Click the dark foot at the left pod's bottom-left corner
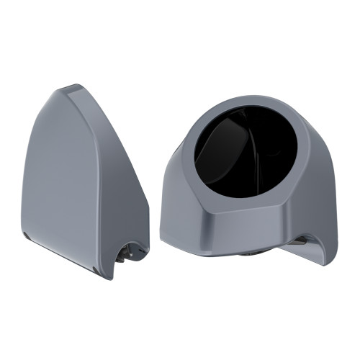(x=27, y=237)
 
